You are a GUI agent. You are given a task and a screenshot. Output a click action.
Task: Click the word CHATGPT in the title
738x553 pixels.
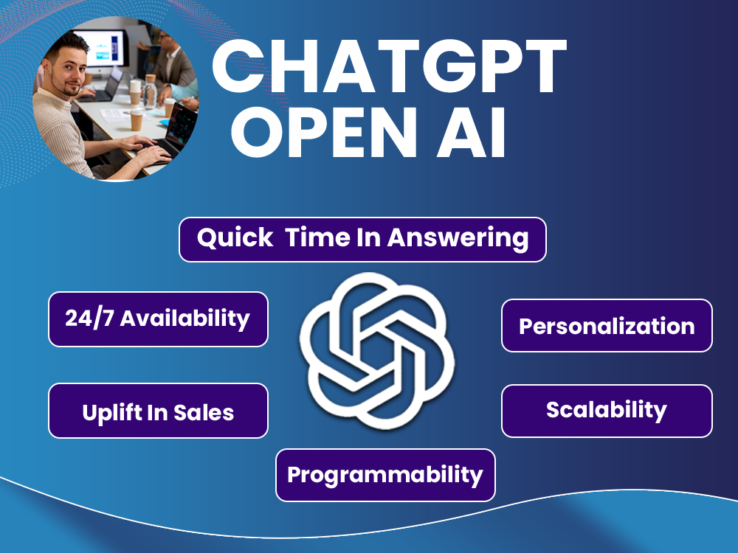coord(389,67)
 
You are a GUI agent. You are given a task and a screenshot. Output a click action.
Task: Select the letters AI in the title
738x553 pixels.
coord(471,133)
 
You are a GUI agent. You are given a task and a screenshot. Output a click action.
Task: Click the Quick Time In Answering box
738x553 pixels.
coord(362,240)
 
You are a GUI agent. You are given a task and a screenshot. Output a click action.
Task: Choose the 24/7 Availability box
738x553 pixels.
coord(158,319)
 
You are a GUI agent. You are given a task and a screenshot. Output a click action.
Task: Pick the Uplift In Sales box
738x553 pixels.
coord(158,411)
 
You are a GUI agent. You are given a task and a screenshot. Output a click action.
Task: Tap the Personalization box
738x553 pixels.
coord(607,325)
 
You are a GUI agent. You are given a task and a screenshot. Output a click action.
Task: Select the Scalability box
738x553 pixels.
coord(607,411)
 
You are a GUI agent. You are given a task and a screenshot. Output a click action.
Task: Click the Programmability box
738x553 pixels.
coord(385,475)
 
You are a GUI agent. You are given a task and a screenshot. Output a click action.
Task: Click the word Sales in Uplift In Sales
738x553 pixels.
coord(204,413)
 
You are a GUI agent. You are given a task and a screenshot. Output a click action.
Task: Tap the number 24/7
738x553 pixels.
coord(89,319)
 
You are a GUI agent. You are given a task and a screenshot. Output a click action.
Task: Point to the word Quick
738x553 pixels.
coord(235,237)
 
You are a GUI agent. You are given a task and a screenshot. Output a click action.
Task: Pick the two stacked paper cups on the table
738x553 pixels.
coord(135,92)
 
